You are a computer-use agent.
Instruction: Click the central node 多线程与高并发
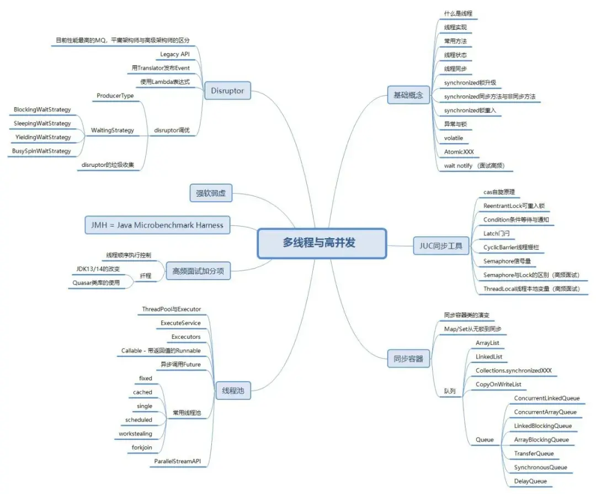tap(322, 243)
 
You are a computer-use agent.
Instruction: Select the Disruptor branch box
tap(227, 91)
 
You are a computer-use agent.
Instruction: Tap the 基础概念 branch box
tap(408, 95)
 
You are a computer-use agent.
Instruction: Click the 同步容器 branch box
tap(408, 359)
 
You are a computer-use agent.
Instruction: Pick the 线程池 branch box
tap(233, 391)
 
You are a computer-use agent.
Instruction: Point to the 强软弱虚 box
tap(210, 193)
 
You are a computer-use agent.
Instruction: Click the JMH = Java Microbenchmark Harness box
tap(157, 225)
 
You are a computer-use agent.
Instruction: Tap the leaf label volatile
tap(454, 138)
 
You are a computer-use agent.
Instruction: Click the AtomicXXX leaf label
tap(459, 151)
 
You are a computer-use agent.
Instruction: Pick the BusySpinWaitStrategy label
tap(42, 151)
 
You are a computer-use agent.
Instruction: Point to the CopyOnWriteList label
tap(498, 385)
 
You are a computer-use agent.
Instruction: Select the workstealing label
tap(135, 434)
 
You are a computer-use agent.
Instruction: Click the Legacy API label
tap(175, 54)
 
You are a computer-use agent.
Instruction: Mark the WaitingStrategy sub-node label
tap(113, 130)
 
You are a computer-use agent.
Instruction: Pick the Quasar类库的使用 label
tap(103, 282)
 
